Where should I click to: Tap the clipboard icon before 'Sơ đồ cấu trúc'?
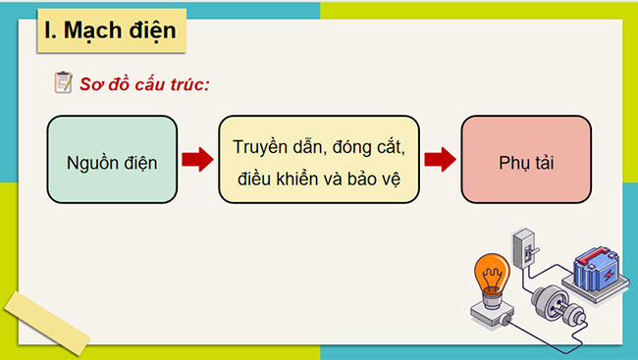[63, 84]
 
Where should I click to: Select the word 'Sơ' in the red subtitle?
[91, 84]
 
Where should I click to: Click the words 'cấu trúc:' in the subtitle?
[174, 84]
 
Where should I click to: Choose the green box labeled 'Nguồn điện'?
[112, 160]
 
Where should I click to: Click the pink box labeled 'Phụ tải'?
[525, 160]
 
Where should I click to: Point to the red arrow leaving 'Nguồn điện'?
[197, 160]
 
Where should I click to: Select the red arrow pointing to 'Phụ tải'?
[439, 160]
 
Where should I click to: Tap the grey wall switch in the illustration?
[526, 246]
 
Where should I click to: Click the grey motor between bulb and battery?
[550, 305]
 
